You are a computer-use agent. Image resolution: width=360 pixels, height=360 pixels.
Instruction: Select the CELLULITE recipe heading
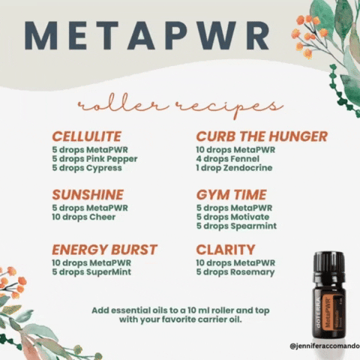pos(86,136)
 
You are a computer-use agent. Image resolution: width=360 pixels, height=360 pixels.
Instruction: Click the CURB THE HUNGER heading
pos(262,136)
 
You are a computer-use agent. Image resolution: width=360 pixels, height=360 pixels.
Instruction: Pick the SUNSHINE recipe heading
pos(88,195)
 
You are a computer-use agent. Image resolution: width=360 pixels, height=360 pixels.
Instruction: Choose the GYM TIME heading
pos(231,195)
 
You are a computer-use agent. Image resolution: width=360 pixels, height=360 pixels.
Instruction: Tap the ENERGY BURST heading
pos(104,249)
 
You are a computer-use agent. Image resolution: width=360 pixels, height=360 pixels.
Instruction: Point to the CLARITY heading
pos(226,249)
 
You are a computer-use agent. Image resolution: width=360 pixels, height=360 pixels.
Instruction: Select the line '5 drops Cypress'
pos(86,168)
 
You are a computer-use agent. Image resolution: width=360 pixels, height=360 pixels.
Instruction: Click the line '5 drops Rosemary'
pos(235,271)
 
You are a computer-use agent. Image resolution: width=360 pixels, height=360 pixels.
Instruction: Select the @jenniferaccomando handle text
pos(323,347)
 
